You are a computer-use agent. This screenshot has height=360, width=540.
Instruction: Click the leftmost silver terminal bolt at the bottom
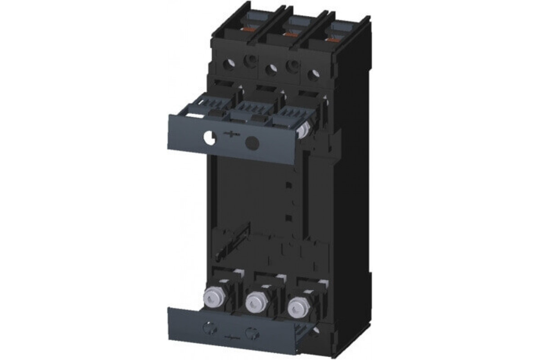[x=213, y=296]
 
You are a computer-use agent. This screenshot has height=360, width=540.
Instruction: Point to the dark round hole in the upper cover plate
[x=252, y=143]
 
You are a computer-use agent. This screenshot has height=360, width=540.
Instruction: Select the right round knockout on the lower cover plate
[x=251, y=333]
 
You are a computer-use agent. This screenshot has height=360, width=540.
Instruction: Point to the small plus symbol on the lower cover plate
[x=230, y=336]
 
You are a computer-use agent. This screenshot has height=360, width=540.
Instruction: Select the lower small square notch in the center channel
[x=289, y=219]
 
